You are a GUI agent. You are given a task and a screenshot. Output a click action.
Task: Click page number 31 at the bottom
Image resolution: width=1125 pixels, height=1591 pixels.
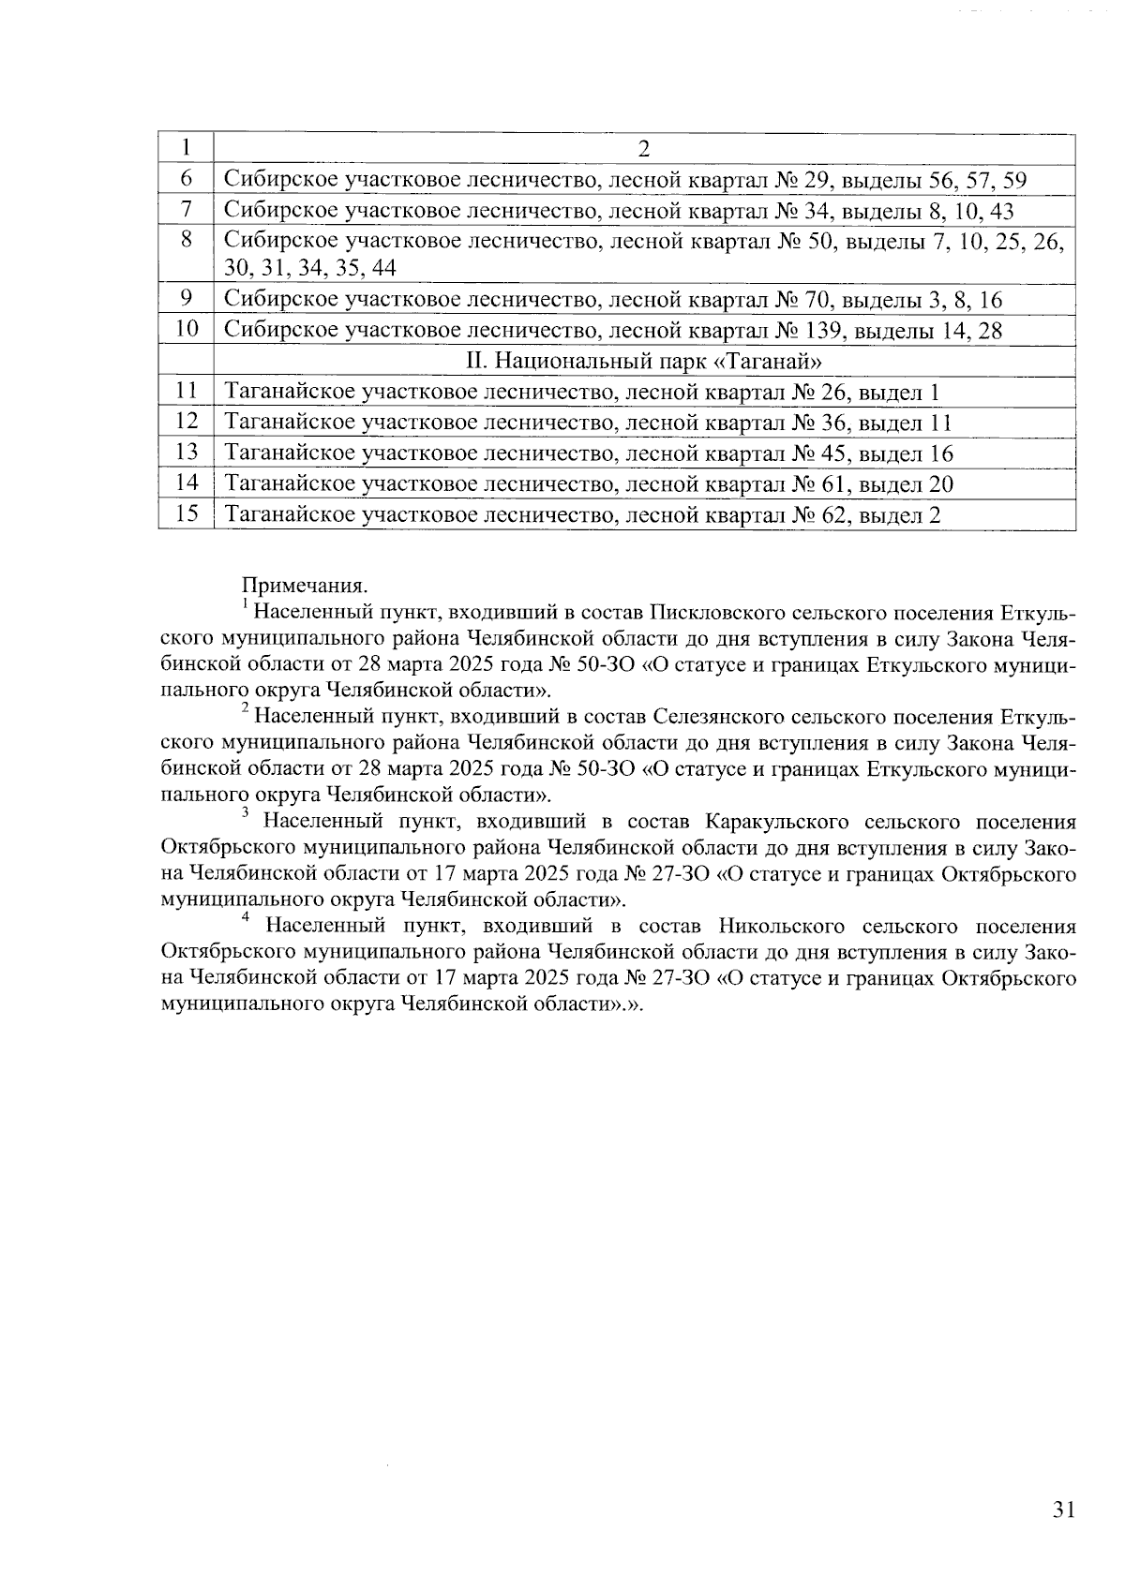coord(1062,1509)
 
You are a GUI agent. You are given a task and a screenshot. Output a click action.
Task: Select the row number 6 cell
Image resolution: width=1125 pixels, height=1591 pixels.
coord(186,179)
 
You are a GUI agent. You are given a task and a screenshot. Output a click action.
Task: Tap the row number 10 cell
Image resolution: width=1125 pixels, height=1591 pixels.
coord(187,329)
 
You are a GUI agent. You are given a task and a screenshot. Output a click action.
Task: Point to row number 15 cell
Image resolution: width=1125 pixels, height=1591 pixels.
coord(187,513)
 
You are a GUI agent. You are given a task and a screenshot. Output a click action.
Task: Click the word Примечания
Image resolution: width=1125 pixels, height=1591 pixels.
coord(305,586)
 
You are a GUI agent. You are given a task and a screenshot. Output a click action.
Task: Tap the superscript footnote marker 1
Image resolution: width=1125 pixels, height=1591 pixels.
coord(245,605)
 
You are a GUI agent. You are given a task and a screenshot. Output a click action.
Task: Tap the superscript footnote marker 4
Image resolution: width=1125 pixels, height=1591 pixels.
coord(246,917)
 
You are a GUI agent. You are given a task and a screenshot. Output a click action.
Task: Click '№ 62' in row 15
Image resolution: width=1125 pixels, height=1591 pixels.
coord(821,514)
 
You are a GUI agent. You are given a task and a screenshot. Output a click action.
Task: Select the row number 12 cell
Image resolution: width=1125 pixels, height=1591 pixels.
coord(187,422)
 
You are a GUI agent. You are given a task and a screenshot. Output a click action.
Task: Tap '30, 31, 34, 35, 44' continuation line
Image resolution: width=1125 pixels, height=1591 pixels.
coord(309,269)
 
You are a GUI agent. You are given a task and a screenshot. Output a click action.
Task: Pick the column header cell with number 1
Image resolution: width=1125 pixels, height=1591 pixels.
coord(186,149)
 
